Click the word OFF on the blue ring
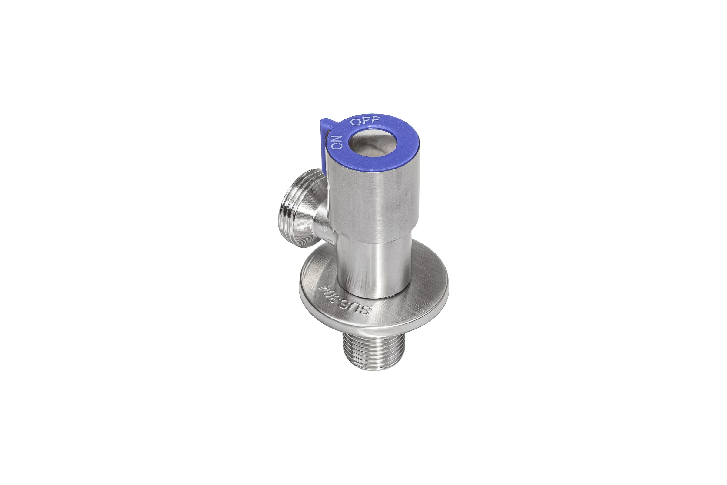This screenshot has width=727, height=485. [x=365, y=121]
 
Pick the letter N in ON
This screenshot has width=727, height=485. [x=337, y=138]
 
